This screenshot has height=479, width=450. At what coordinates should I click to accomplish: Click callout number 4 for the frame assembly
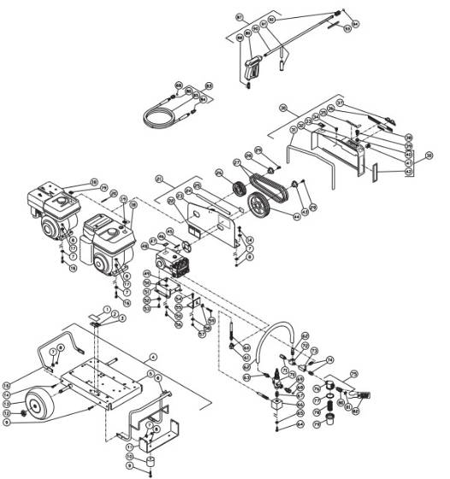(x=152, y=356)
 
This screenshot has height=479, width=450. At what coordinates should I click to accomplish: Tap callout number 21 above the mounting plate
(x=158, y=179)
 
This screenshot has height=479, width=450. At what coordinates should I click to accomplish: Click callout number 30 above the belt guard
(x=282, y=109)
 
